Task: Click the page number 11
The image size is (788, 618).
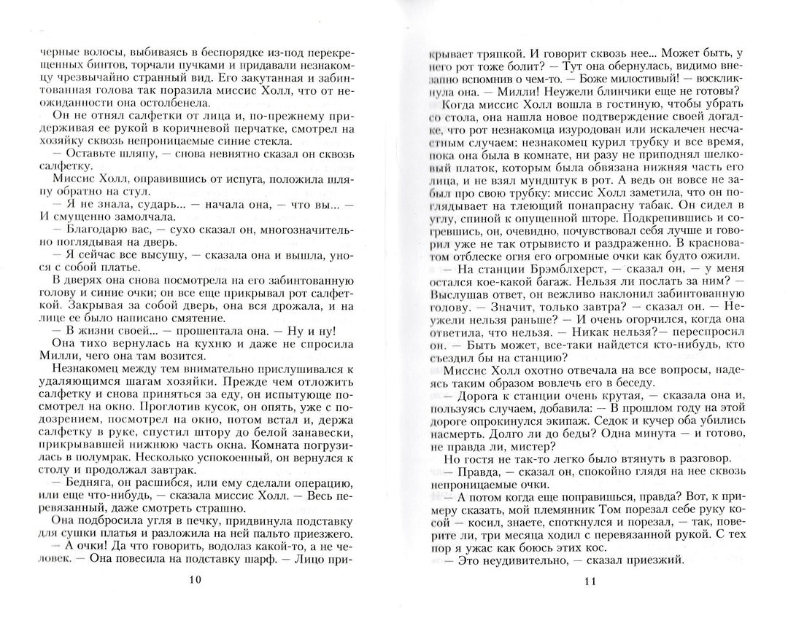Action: click(592, 581)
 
